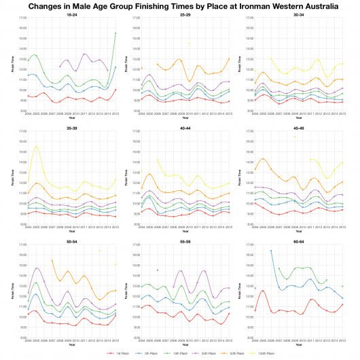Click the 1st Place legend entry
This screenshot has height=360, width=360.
122,353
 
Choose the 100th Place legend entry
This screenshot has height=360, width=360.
265,353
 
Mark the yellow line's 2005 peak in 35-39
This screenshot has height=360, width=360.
36,146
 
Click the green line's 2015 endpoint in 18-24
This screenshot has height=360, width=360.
115,33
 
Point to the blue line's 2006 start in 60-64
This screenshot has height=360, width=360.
271,250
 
